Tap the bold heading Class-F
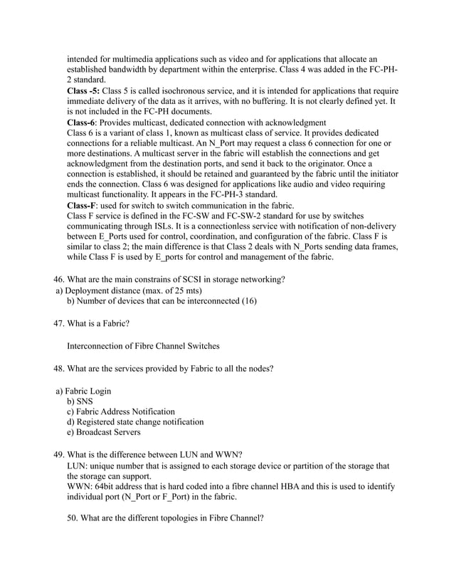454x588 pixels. (82, 205)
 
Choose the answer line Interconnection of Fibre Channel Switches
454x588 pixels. (143, 346)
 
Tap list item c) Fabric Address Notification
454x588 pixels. (120, 411)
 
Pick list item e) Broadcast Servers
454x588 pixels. (103, 432)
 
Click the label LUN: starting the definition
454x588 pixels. (78, 466)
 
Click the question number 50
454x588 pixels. (73, 518)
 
